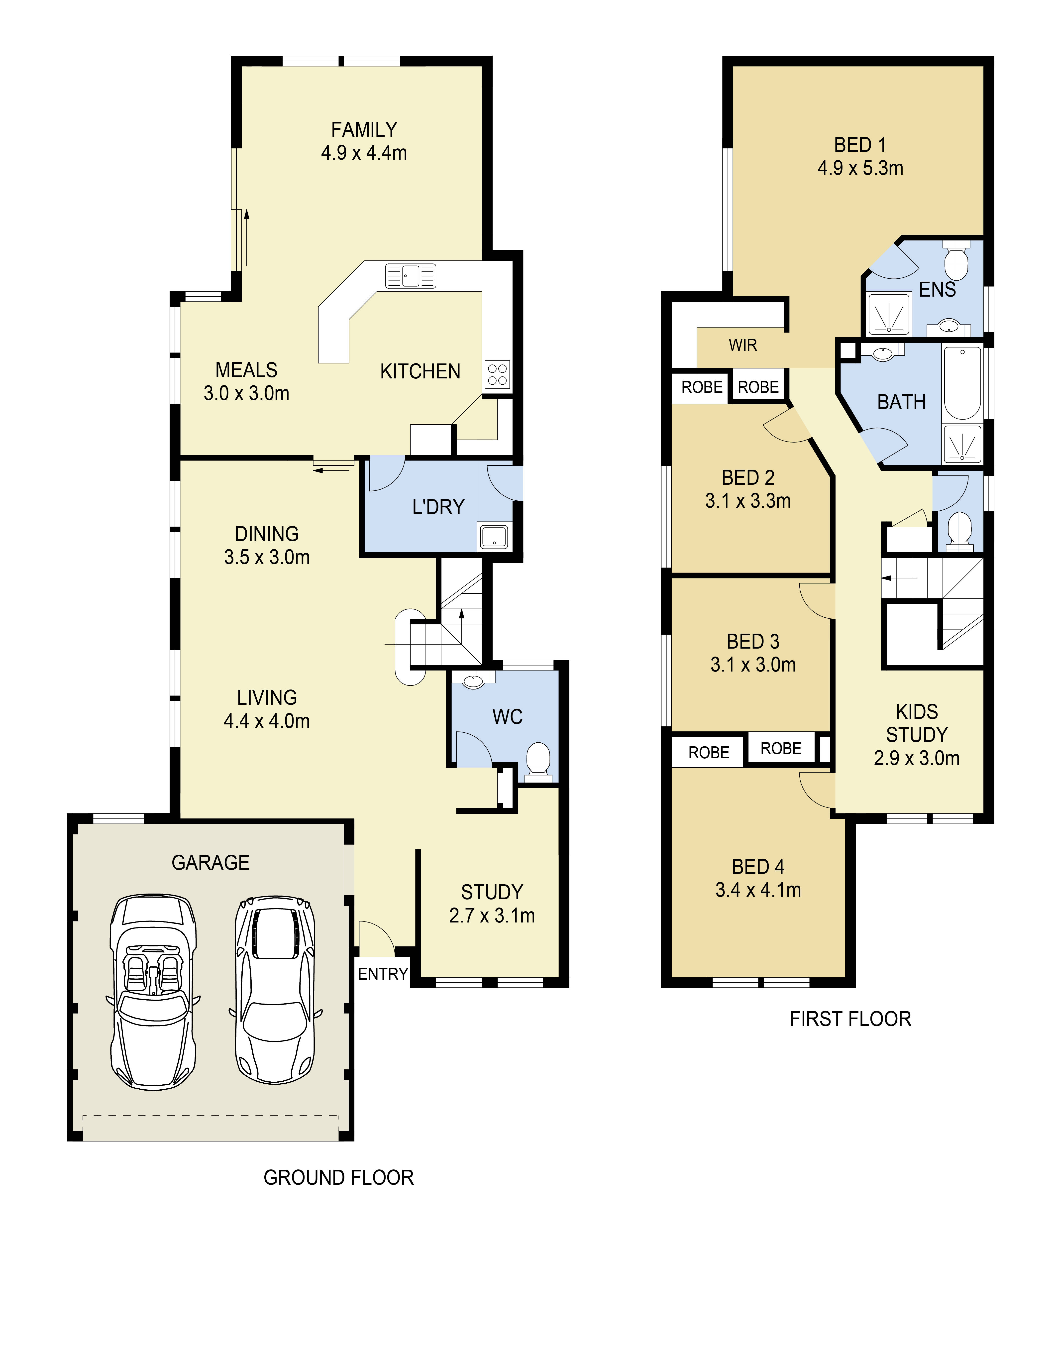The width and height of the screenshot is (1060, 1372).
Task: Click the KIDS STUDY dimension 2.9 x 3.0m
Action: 916,758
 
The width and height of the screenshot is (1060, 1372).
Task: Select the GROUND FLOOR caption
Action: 338,1178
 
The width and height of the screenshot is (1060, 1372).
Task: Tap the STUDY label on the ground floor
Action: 492,892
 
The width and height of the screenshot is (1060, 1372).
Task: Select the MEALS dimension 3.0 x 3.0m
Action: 246,393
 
